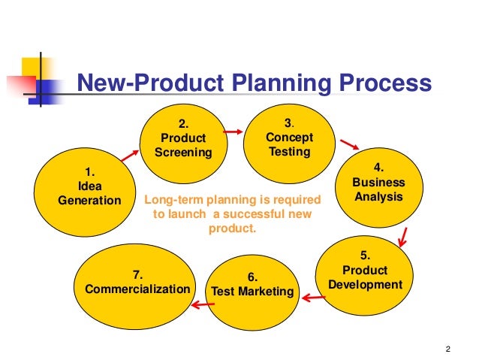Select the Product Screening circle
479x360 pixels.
184,139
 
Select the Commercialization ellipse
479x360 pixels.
137,282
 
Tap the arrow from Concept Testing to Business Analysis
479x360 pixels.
346,144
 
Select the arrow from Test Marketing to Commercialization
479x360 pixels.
198,304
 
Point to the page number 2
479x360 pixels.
447,347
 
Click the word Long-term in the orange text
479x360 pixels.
171,200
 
